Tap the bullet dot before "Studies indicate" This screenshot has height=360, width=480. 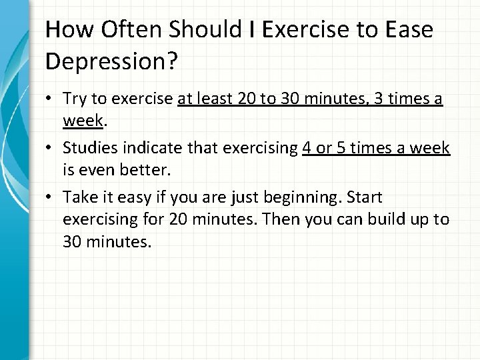(x=52, y=149)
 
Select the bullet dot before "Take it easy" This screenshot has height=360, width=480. (x=52, y=197)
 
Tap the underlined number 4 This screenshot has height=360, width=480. (x=307, y=149)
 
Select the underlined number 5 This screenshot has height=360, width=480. (x=341, y=149)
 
